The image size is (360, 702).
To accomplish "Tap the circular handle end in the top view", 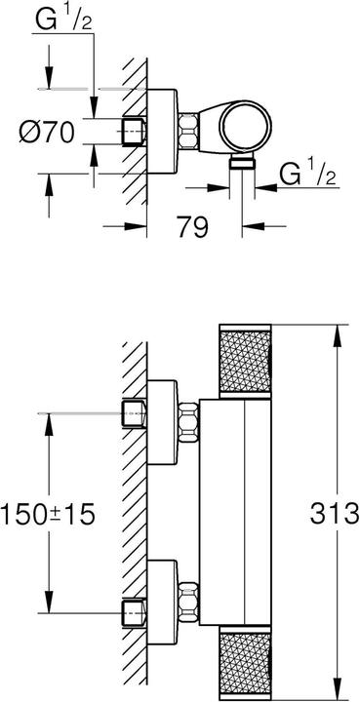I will tap(243, 129).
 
